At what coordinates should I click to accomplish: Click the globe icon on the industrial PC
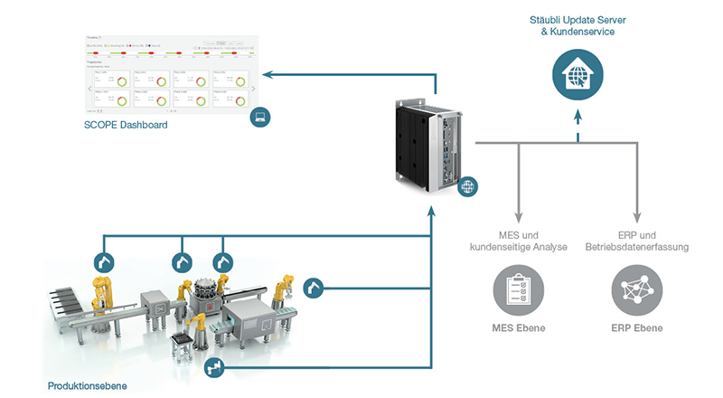pyautogui.click(x=467, y=188)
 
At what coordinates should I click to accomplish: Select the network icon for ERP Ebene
pyautogui.click(x=637, y=289)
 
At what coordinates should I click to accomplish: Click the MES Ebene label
pyautogui.click(x=518, y=327)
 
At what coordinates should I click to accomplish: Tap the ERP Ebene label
pyautogui.click(x=637, y=327)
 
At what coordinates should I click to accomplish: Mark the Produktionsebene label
pyautogui.click(x=87, y=386)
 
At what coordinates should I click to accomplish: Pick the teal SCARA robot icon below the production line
pyautogui.click(x=215, y=366)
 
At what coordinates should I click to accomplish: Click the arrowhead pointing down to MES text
pyautogui.click(x=519, y=218)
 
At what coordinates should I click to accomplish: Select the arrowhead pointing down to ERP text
pyautogui.click(x=637, y=218)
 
